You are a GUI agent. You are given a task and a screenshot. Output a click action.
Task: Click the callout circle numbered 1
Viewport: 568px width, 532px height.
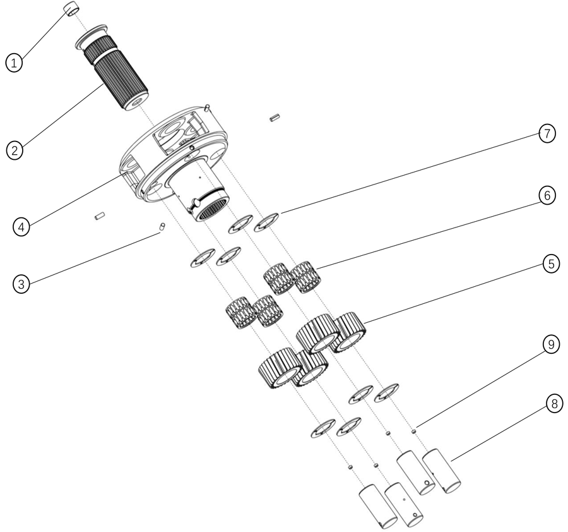pos(14,63)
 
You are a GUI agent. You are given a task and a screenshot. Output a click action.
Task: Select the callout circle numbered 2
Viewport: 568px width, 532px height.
pos(15,150)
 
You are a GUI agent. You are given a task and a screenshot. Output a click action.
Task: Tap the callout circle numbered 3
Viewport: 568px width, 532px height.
pos(21,284)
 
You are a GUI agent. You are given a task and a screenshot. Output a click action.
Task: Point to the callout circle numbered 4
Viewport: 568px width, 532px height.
pos(21,227)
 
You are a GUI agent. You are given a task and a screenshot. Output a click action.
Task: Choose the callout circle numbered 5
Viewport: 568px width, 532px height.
pos(551,263)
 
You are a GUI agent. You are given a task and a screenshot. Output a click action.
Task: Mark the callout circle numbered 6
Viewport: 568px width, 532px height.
pos(547,196)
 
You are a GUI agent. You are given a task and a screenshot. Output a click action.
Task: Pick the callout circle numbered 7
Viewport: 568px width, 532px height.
pos(547,133)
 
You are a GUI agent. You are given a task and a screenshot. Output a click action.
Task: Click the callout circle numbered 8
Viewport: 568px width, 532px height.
pos(554,403)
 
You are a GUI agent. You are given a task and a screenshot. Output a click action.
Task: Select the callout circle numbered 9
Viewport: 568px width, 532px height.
pos(551,344)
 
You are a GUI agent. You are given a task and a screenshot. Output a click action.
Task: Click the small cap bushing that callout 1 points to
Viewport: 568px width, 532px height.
pos(72,9)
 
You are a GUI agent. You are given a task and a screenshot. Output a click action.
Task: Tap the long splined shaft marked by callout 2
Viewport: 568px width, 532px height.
pos(115,74)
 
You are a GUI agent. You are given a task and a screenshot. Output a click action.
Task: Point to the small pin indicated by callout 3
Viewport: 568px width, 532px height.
pos(162,226)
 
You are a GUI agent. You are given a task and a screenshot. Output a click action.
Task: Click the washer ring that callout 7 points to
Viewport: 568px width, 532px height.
pos(266,222)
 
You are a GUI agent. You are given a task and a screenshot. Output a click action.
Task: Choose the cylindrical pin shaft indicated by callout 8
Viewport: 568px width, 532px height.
pos(442,471)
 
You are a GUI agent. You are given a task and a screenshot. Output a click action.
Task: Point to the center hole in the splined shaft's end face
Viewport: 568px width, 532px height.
pos(136,102)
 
